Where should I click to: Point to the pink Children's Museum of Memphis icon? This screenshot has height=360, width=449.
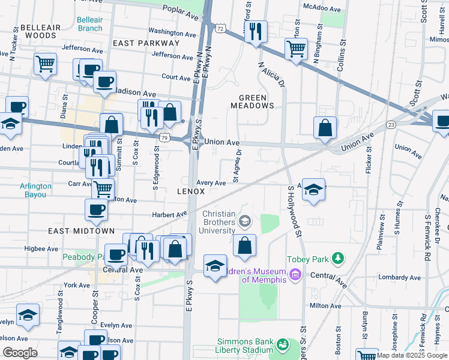point(295,275)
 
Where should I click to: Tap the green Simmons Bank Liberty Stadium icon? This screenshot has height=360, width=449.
point(282,345)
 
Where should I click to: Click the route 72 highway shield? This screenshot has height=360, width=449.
point(221,28)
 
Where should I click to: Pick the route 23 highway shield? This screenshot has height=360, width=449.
point(391,125)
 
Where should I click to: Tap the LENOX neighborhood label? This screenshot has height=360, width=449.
point(191,191)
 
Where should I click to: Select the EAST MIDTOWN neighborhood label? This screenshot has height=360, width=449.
point(73,231)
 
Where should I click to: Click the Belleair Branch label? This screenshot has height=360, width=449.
point(89,24)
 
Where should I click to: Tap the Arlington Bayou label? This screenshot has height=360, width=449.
point(35,190)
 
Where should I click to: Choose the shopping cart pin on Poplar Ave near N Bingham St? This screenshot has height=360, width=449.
point(296,49)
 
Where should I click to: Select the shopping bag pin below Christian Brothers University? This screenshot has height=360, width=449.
point(244,245)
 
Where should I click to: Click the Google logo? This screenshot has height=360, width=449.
point(20,353)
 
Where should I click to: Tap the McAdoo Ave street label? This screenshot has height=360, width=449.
point(322,9)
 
